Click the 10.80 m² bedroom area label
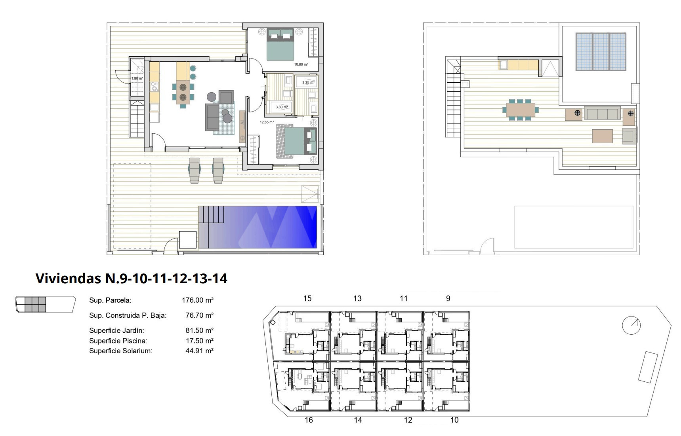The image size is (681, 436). point(301,64)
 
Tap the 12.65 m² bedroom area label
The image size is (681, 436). point(267,122)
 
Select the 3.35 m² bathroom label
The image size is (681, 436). point(308,83)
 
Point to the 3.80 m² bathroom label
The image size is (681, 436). point(282,107)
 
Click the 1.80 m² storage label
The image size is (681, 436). point(137,78)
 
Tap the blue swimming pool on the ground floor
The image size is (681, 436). point(258,227)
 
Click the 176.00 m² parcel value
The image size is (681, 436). point(198,300)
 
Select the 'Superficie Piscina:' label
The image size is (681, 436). point(118,341)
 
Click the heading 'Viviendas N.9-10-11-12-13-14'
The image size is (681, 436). point(132,279)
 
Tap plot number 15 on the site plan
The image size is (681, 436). point(307,299)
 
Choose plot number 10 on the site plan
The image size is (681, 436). point(454,420)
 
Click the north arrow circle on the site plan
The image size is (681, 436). point(631,326)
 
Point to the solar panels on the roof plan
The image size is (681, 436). point(601,52)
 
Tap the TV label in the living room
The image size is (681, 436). point(242,123)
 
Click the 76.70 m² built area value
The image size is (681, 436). point(199,315)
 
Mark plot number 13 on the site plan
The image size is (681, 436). point(357,299)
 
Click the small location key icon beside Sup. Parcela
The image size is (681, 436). point(45,305)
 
